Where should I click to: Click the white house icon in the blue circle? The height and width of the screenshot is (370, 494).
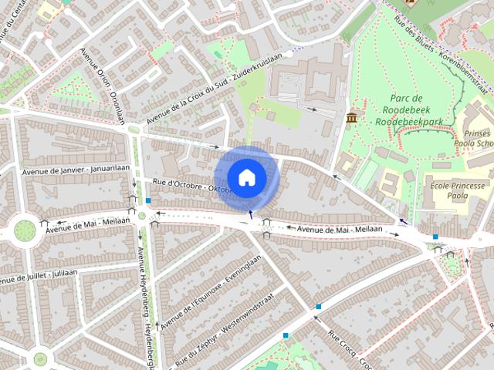pos(246,177)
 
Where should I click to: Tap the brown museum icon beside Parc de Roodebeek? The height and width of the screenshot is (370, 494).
pos(352,117)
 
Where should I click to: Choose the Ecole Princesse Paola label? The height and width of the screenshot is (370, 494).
pos(458,190)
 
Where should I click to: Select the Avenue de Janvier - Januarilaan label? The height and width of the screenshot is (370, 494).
pos(76,169)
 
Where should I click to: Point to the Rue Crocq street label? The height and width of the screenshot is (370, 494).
pos(351,351)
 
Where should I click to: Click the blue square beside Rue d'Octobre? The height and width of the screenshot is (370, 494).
pos(148,200)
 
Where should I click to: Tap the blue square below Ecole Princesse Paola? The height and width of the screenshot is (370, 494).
pos(435,237)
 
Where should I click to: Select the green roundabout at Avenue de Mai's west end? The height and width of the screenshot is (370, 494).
pos(25,230)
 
